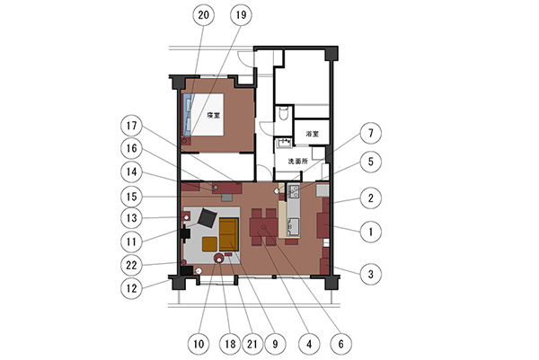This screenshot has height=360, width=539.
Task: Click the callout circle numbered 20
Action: pos(204,15)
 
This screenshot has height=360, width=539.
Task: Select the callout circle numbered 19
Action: pos(241,15)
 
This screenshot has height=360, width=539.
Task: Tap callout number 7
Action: pos(370,133)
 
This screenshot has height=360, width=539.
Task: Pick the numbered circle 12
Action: pos(131,288)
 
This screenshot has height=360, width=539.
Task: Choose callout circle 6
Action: pos(341,344)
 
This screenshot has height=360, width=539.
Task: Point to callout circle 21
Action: pos(252,344)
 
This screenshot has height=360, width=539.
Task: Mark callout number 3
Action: pos(370,274)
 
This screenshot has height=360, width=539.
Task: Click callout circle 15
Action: pos(131,197)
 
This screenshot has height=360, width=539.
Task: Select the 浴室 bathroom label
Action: pos(312,134)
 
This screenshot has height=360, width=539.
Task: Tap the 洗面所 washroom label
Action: pos(297,161)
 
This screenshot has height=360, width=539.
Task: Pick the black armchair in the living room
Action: pos(208,217)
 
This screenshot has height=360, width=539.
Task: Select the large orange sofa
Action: pos(229,234)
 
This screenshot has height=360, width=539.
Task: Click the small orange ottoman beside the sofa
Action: pos(209,244)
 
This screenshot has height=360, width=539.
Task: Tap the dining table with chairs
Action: pos(263,227)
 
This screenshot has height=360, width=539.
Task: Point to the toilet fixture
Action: pos(284,113)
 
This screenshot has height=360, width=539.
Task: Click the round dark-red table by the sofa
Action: pos(218,258)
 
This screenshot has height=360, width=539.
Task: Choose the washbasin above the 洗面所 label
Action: pos(284,143)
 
